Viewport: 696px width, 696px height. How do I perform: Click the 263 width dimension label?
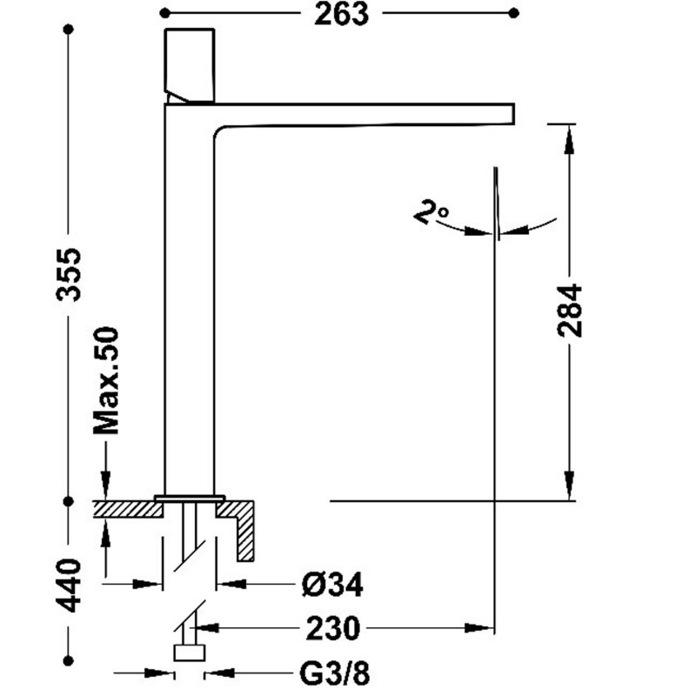coord(341,14)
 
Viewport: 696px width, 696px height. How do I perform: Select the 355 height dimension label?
coord(69,275)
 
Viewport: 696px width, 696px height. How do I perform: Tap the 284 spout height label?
coord(570,311)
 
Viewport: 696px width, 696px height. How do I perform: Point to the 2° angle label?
coord(431,213)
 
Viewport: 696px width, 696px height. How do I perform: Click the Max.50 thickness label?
coord(106,380)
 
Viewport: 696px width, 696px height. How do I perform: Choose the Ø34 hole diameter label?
coord(332,585)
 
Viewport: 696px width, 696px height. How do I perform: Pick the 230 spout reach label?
coord(332,628)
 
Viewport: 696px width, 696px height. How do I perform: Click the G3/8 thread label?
coord(335,673)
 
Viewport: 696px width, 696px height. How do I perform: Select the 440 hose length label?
coord(69,586)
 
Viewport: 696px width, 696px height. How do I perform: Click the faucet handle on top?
coord(190,66)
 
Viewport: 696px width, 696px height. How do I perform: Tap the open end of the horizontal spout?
coord(513,113)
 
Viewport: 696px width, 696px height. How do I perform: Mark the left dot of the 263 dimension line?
coord(164,13)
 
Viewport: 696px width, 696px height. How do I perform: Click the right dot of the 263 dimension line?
coord(513,13)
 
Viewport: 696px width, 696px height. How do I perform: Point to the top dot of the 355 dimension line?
coord(69,30)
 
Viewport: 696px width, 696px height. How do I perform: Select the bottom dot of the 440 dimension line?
coord(69,661)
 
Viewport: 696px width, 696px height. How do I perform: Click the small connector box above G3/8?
coord(190,653)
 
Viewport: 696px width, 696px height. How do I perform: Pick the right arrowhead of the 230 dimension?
coord(479,628)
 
